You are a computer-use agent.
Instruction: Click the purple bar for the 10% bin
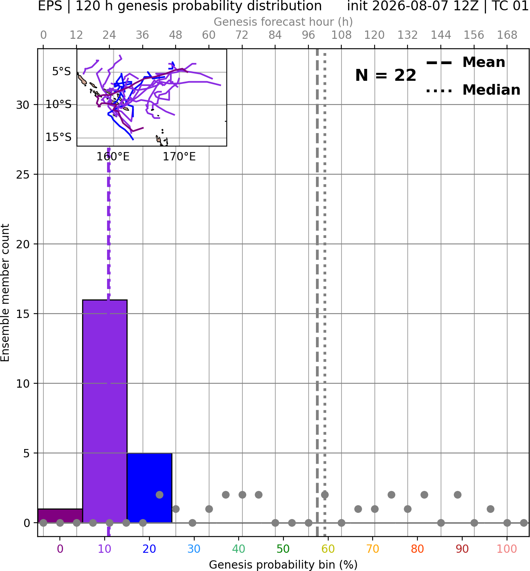point(105,411)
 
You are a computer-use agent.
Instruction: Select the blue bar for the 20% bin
point(149,487)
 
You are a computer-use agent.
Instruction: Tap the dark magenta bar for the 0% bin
point(60,516)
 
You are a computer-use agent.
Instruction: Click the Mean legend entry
point(465,63)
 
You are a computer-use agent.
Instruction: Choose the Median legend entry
point(473,90)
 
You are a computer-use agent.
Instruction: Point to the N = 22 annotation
point(385,75)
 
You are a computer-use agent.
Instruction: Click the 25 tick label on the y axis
point(23,175)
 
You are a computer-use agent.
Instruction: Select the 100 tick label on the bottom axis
point(507,548)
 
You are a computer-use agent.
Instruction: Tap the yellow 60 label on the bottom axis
point(328,548)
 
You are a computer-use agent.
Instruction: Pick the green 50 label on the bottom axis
point(283,548)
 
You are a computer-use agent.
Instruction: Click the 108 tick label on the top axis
point(341,35)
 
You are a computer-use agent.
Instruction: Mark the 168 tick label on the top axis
point(507,35)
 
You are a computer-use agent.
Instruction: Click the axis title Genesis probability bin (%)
point(283,564)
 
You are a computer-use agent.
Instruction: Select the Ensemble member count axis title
point(5,293)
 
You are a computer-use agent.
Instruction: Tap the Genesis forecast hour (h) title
point(283,22)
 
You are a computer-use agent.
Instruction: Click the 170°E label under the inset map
point(179,157)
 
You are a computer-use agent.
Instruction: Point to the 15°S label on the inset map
point(58,137)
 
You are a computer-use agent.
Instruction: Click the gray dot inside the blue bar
point(159,495)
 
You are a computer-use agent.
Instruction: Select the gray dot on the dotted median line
point(325,495)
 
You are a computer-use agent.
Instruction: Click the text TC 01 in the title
point(509,6)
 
